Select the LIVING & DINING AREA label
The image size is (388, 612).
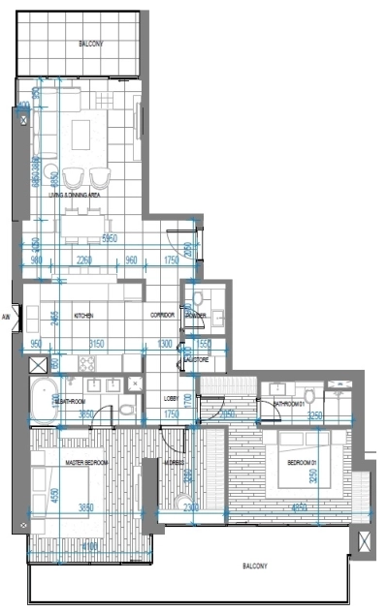(95, 196)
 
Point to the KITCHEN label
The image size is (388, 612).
(82, 317)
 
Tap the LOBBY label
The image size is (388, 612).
(171, 398)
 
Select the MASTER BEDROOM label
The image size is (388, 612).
(85, 463)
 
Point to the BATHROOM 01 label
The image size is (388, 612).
(289, 404)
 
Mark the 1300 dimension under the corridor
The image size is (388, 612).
(165, 343)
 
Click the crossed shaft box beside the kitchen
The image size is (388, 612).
(38, 366)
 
